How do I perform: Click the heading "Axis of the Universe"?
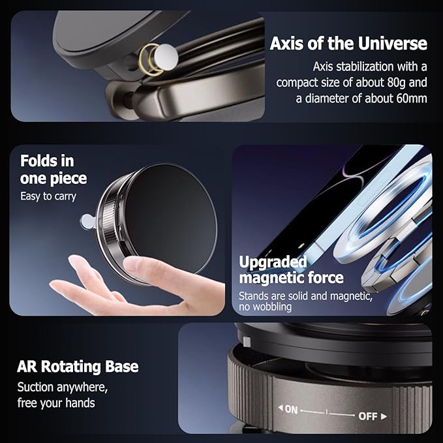click(348, 44)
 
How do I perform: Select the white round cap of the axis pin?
click(166, 57)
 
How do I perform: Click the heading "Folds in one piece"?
click(53, 170)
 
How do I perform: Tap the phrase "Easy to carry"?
click(48, 196)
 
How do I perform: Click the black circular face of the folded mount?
click(171, 217)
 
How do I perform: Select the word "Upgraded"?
click(273, 262)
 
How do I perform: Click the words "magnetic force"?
click(291, 277)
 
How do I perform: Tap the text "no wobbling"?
click(265, 307)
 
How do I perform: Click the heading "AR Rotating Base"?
click(78, 367)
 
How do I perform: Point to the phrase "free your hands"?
click(56, 403)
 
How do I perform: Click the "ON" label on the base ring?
click(291, 410)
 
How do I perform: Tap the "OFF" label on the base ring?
click(368, 416)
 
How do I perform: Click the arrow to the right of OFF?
click(384, 416)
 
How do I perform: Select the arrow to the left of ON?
click(281, 408)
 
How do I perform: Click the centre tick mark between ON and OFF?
click(327, 412)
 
